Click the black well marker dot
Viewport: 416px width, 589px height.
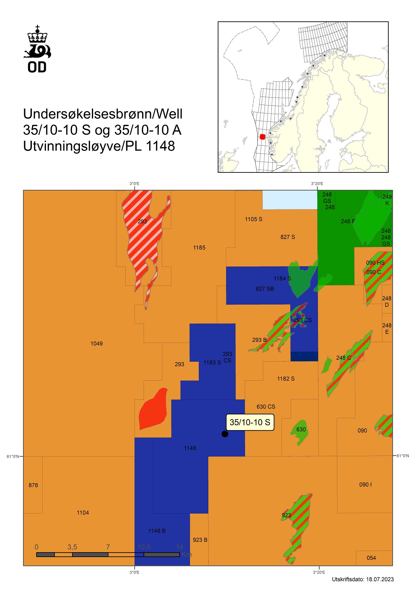click(225, 434)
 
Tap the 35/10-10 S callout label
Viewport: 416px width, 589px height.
click(250, 422)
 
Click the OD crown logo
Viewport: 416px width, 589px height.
click(37, 49)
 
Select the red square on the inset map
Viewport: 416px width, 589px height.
click(262, 137)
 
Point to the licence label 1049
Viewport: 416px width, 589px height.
click(96, 344)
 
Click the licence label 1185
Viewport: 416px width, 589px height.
click(199, 248)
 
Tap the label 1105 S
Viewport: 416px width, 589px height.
click(253, 219)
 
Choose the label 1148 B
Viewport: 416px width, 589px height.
click(157, 531)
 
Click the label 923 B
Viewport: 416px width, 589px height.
click(200, 540)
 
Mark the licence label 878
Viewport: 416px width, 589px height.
click(33, 485)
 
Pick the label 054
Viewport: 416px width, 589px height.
click(371, 558)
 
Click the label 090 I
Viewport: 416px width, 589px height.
click(365, 484)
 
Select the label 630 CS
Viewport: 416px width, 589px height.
click(266, 406)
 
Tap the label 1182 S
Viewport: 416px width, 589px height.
click(286, 379)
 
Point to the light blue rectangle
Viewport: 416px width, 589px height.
click(289, 200)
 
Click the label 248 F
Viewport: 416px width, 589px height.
click(348, 221)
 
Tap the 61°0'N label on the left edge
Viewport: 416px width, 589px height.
click(13, 456)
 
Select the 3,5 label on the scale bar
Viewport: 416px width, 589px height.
click(72, 547)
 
